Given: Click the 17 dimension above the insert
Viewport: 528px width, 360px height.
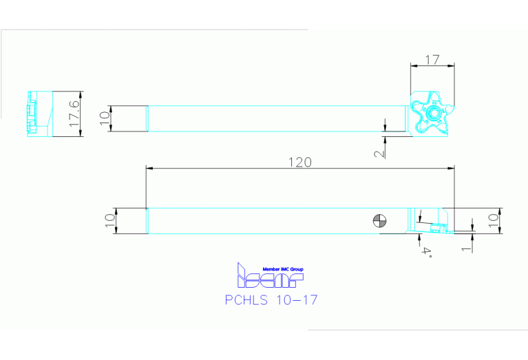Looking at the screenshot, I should [x=432, y=59].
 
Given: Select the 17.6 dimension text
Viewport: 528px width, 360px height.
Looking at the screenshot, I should [x=74, y=114].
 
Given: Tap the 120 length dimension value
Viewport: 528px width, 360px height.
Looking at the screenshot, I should [x=299, y=162].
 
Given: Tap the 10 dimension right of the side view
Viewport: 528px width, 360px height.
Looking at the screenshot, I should [x=493, y=221].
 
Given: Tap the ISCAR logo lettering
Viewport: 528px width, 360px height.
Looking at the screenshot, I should [x=269, y=279].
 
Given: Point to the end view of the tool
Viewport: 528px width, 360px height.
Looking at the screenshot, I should [x=39, y=114].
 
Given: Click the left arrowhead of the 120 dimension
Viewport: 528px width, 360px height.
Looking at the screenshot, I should [x=149, y=167].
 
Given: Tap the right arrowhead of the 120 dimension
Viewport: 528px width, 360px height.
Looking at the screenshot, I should [x=452, y=167].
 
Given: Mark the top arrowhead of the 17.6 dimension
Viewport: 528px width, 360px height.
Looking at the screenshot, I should [x=81, y=94].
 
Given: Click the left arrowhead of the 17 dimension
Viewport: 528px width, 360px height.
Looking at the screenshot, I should [x=413, y=65].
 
